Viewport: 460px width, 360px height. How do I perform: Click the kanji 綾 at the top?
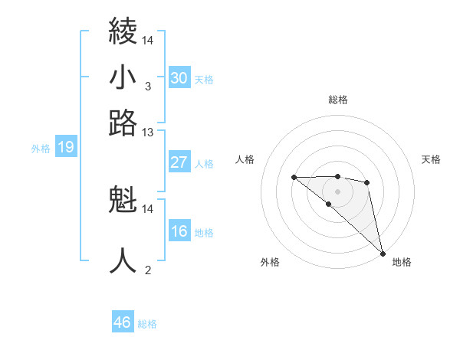tap(123, 32)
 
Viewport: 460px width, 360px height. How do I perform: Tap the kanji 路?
tap(123, 123)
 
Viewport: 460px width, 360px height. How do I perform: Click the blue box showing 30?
tap(179, 78)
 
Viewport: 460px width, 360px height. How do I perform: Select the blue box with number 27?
tap(179, 162)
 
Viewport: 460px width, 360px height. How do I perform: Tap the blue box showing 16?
tap(179, 232)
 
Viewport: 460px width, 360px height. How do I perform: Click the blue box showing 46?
tap(123, 322)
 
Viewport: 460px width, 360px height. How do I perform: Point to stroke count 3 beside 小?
tap(147, 87)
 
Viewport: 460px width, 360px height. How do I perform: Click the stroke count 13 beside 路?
tap(147, 133)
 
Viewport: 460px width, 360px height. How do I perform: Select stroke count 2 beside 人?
tap(147, 270)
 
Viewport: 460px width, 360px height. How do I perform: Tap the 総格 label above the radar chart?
tap(338, 100)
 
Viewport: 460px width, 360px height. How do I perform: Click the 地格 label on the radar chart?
tap(402, 262)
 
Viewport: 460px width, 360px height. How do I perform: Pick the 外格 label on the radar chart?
tap(270, 262)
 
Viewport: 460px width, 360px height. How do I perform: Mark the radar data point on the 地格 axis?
tap(383, 253)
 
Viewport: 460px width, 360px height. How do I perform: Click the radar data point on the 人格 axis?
tap(294, 178)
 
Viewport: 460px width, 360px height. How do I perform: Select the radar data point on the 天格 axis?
tap(367, 182)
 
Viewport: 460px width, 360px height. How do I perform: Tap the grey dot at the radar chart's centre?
tap(338, 191)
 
